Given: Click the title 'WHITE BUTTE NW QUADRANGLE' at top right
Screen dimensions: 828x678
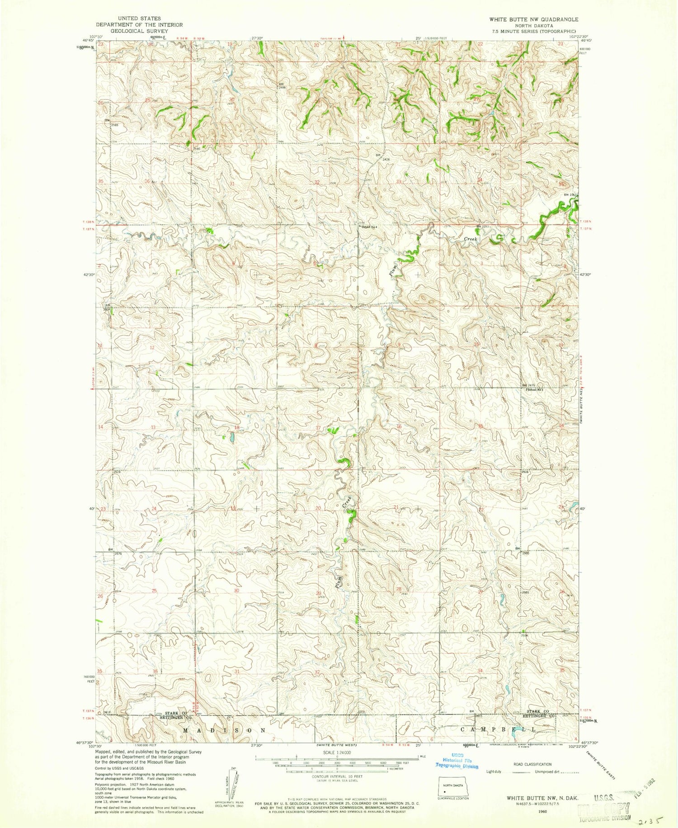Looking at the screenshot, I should point(533,19).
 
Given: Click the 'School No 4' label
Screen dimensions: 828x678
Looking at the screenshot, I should point(368,227).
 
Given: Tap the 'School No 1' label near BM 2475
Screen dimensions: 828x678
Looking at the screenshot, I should point(534,389).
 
